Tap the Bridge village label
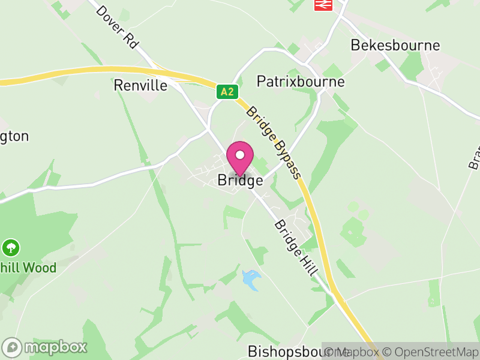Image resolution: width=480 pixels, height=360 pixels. pos(240,180)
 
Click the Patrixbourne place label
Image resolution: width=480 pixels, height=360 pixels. pos(301,82)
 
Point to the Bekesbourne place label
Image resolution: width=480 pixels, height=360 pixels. pos(395,46)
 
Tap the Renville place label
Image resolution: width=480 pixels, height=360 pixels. pos(140,86)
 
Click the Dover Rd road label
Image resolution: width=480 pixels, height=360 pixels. pos(117,26)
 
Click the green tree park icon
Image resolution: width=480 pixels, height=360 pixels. pos(11,247)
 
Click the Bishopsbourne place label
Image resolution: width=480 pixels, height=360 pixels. pos(284,351)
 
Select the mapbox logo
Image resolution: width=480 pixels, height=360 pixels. pos(45,347)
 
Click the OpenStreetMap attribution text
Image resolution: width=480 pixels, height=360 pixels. pos(431,352)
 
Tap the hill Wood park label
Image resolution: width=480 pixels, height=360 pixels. pos(28,268)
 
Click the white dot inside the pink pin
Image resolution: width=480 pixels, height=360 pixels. pos(240,155)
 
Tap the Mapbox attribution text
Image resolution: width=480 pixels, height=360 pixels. pos(356,352)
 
